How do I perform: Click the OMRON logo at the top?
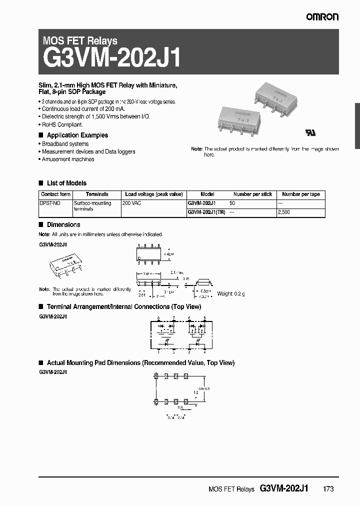pos(322,17)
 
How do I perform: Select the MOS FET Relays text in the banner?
pos(80,41)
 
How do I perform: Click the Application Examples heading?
pos(77,135)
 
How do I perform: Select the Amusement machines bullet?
pos(67,159)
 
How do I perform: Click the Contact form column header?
pos(55,194)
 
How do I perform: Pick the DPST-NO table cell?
pos(50,203)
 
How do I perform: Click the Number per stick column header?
pos(252,194)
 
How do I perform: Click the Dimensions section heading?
pos(63,225)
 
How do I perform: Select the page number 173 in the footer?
pos(328,489)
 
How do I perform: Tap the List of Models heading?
pos(66,183)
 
